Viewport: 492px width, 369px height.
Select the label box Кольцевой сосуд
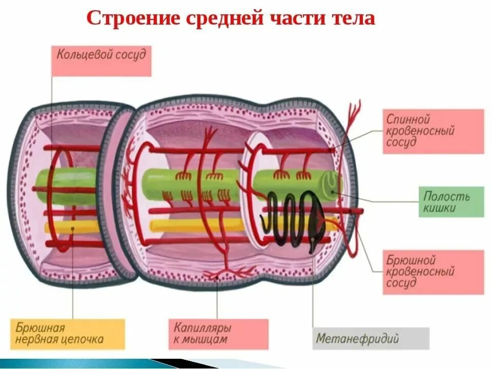click(101, 60)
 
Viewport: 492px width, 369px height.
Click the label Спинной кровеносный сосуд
click(433, 131)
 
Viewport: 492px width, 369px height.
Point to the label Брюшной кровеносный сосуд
click(433, 272)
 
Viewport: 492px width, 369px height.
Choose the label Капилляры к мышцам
click(218, 334)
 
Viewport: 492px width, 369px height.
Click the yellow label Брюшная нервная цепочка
click(67, 334)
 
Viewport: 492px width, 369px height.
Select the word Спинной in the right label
click(408, 119)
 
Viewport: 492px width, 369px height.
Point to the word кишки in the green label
click(440, 208)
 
